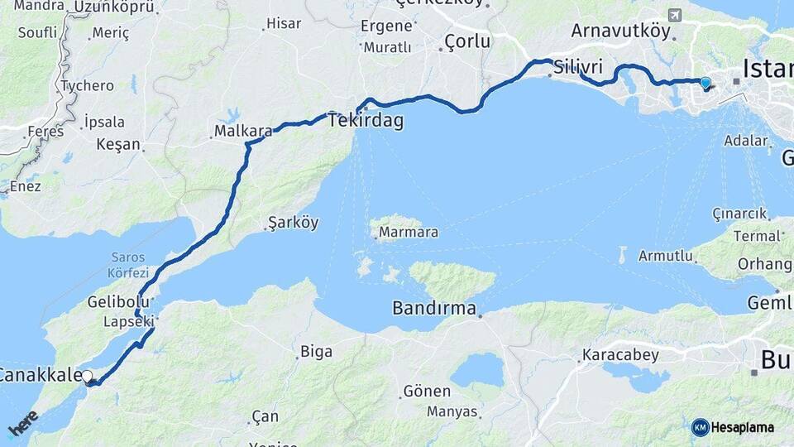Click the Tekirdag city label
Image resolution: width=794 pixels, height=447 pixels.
click(366, 121)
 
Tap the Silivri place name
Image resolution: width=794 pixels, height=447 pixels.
click(578, 66)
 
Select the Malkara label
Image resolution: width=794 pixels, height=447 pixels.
click(243, 131)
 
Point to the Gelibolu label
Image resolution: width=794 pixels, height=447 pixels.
click(118, 302)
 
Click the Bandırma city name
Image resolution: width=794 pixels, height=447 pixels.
click(434, 310)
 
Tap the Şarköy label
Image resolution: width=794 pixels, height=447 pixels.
click(293, 223)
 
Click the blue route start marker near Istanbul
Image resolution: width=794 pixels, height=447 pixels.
click(706, 83)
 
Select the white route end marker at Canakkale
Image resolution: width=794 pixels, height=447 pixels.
click(88, 377)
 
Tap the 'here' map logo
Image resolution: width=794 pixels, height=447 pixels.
click(23, 424)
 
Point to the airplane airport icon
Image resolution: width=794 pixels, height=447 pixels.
click(674, 16)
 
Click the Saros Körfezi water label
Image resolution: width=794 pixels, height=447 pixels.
click(128, 266)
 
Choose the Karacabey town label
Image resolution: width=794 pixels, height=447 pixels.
click(620, 356)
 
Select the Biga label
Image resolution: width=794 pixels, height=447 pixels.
click(316, 352)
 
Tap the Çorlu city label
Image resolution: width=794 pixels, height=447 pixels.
click(467, 41)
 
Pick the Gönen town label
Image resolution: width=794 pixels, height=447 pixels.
click(427, 391)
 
